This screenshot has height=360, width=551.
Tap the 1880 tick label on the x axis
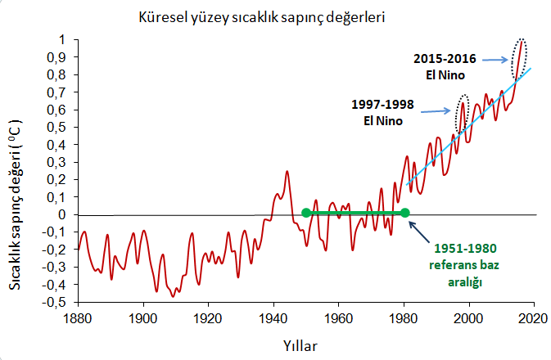(79, 317)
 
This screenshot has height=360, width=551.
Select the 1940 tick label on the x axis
(274, 317)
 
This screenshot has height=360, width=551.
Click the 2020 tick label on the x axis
(534, 317)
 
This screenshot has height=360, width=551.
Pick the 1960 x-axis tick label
(339, 317)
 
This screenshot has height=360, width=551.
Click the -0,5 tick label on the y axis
(56, 302)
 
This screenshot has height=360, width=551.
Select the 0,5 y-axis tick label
(59, 128)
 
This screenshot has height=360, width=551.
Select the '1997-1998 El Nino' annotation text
(382, 113)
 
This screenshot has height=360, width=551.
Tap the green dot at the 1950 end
(306, 213)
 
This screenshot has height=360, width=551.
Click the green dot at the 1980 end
(404, 213)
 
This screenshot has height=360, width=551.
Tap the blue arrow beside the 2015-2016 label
(494, 59)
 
